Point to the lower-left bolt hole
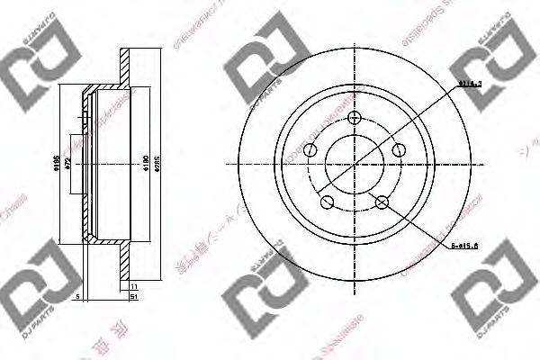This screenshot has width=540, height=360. click(x=328, y=202)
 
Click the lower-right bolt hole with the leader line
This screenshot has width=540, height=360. click(x=383, y=202)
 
